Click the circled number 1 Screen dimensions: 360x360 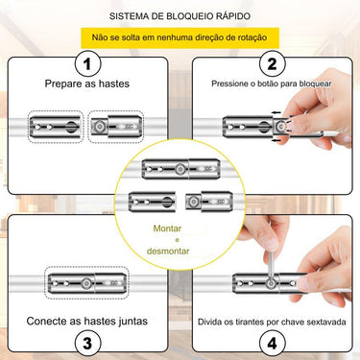pos(87,64)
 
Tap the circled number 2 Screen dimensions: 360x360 pos(272,64)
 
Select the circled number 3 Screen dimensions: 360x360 pos(87,344)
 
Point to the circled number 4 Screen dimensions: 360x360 pos(272,344)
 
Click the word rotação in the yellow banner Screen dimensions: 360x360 pos(252,37)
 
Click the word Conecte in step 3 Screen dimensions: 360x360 pos(44,321)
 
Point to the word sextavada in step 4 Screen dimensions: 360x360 pos(326,322)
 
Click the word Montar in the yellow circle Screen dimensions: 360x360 pos(167,228)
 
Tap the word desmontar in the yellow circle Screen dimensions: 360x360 pos(168,251)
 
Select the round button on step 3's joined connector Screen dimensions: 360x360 pos(85,283)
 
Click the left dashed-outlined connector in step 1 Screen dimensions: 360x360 pos(55,127)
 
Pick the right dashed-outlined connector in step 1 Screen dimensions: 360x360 pos(116,127)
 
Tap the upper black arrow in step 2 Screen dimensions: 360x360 pos(276,112)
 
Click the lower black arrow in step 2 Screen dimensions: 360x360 pos(276,140)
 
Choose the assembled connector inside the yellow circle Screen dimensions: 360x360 pos(180,169)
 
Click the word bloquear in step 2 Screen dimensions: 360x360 pos(316,84)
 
